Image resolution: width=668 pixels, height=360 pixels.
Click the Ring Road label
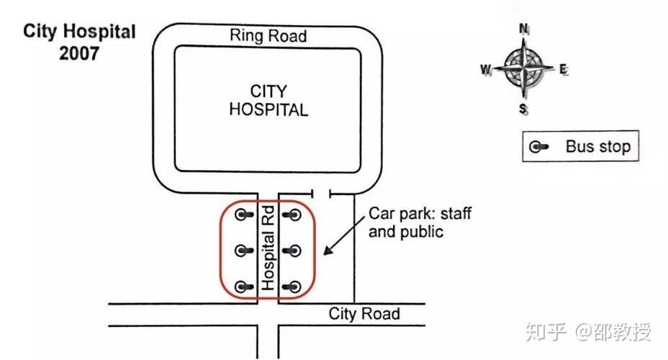tap(268, 35)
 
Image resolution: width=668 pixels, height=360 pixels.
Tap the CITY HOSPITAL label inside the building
tap(268, 101)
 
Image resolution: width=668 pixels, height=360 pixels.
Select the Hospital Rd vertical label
tap(268, 248)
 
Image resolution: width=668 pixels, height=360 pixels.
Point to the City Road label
tap(364, 314)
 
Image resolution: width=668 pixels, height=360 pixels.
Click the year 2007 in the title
tap(79, 53)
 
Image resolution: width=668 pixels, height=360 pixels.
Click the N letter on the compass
tap(524, 29)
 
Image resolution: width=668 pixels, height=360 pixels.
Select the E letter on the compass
tap(564, 70)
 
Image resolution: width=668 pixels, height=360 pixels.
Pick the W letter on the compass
tap(485, 70)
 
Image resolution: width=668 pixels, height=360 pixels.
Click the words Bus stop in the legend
tap(597, 147)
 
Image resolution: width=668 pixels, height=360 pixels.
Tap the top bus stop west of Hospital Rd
tap(245, 214)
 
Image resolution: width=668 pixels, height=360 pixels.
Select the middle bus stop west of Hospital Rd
tap(245, 251)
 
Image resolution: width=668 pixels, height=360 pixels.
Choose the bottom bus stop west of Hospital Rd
tap(245, 287)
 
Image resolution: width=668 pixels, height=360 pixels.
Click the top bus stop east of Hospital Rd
tap(292, 214)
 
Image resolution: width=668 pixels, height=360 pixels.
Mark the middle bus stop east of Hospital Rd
tap(292, 251)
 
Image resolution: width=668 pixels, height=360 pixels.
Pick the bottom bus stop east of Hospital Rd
tap(292, 287)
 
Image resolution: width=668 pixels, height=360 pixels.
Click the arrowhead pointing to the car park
tap(328, 252)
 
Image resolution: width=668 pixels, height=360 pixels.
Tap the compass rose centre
tap(524, 69)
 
